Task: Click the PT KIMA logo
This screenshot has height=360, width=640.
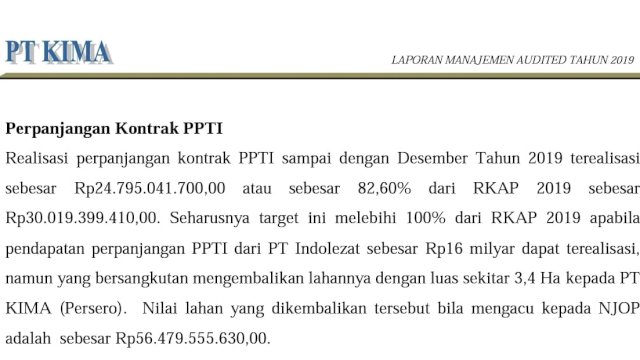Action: [58, 52]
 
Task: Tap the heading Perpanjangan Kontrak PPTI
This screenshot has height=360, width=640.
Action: [114, 129]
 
